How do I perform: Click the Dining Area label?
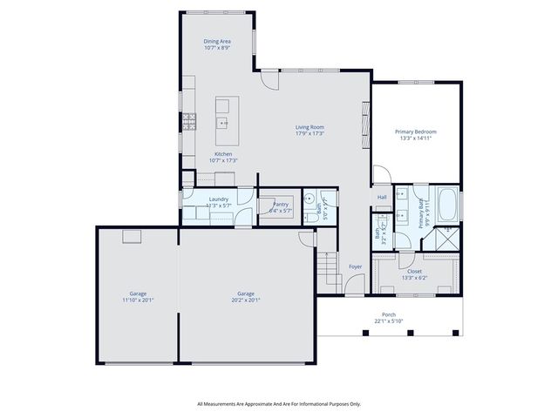click(x=217, y=41)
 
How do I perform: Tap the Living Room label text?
click(x=310, y=127)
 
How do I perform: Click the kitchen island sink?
click(x=223, y=123)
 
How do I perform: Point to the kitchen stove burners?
click(x=188, y=121)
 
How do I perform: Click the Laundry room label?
click(x=218, y=199)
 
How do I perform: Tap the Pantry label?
click(x=280, y=204)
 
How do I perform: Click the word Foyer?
click(x=355, y=266)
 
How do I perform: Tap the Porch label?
click(x=389, y=314)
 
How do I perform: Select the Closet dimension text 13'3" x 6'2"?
click(x=414, y=277)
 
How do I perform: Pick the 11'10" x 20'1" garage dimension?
click(x=138, y=300)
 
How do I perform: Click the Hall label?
click(x=382, y=197)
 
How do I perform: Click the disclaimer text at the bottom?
click(x=279, y=403)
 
